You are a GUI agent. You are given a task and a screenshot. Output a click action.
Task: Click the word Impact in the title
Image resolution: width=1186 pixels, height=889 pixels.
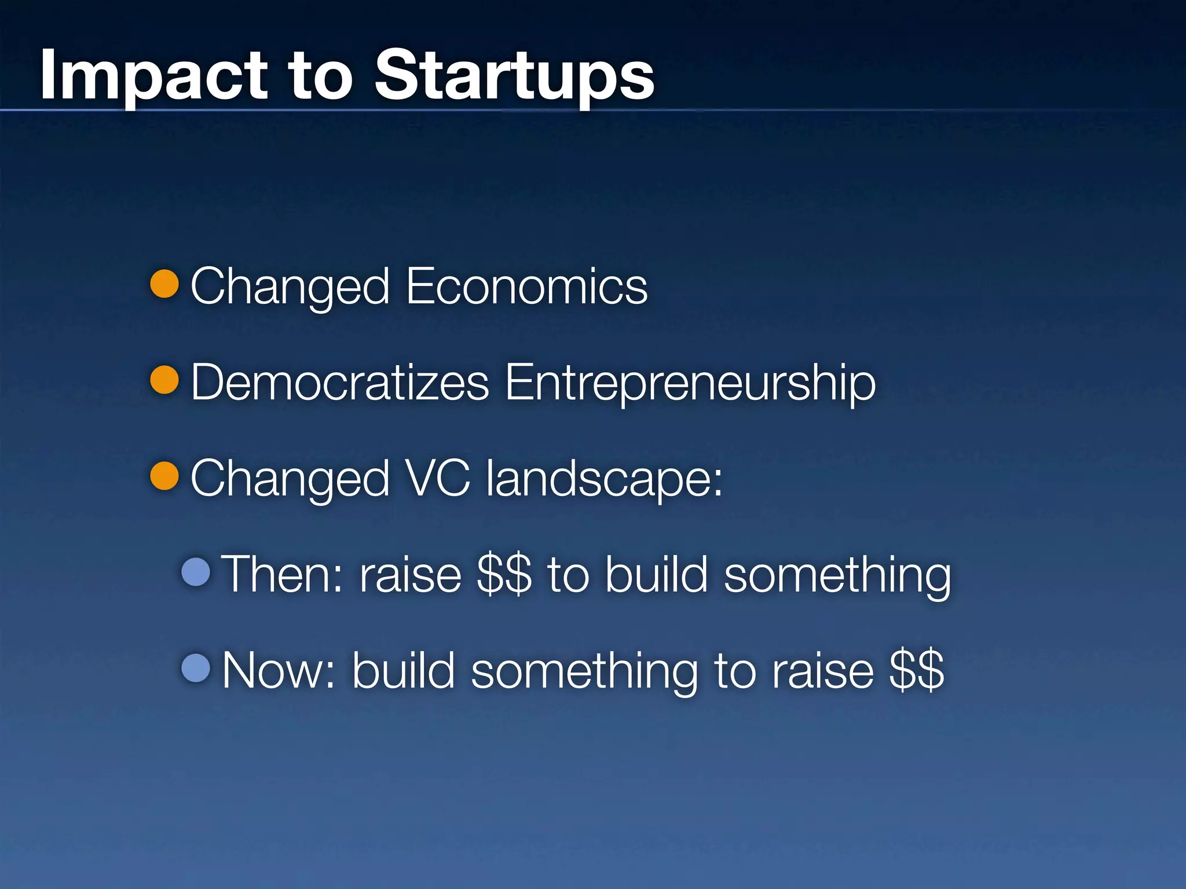pos(153,75)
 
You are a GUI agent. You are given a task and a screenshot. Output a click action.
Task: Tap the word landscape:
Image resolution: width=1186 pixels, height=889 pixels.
pos(605,478)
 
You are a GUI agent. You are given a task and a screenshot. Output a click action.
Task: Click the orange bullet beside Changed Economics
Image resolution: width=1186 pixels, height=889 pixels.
pos(164,284)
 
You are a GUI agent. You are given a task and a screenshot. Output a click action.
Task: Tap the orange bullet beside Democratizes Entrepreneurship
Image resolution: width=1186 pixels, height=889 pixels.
pos(164,380)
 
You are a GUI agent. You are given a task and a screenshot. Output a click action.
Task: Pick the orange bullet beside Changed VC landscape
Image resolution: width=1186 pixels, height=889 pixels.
pos(164,476)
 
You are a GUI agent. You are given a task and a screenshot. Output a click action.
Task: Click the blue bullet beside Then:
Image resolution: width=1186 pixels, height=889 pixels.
pos(196,572)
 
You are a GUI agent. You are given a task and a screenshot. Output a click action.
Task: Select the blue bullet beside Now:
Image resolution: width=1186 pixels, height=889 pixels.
pos(196,668)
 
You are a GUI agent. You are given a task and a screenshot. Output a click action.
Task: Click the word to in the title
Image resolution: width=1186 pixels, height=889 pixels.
pos(320,75)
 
